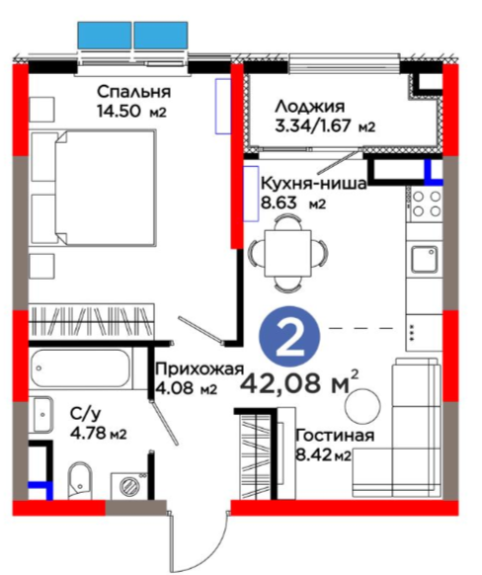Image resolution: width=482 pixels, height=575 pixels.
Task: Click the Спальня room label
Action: pos(133,92)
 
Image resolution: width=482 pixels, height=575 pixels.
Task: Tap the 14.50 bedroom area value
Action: pos(120,111)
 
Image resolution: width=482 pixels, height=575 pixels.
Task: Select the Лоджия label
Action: pos(310,107)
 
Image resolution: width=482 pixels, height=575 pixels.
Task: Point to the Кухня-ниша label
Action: pos(314,183)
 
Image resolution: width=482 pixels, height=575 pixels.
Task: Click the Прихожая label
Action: pos(200,369)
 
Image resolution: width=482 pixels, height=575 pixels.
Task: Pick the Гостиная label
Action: pos(335,436)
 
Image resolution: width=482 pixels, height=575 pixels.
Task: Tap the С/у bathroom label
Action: pos(85,414)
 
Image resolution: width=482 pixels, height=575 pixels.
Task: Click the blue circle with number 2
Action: pos(289,337)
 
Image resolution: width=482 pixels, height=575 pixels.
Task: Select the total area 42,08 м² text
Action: pos(299,383)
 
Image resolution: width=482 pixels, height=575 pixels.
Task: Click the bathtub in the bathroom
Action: pos(80,369)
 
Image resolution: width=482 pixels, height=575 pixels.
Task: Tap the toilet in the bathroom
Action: pos(79,480)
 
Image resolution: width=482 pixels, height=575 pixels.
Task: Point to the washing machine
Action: pos(129,485)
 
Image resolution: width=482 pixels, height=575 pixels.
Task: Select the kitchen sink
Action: pos(424,260)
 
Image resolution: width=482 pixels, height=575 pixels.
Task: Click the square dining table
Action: pos(288,253)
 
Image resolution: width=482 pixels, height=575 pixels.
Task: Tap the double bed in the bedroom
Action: pos(94,188)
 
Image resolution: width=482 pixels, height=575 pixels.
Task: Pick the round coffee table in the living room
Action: pos(362,406)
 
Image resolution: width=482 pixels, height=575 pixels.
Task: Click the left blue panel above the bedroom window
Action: pos(105,36)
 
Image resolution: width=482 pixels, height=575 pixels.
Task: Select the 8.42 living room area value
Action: pos(314,455)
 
